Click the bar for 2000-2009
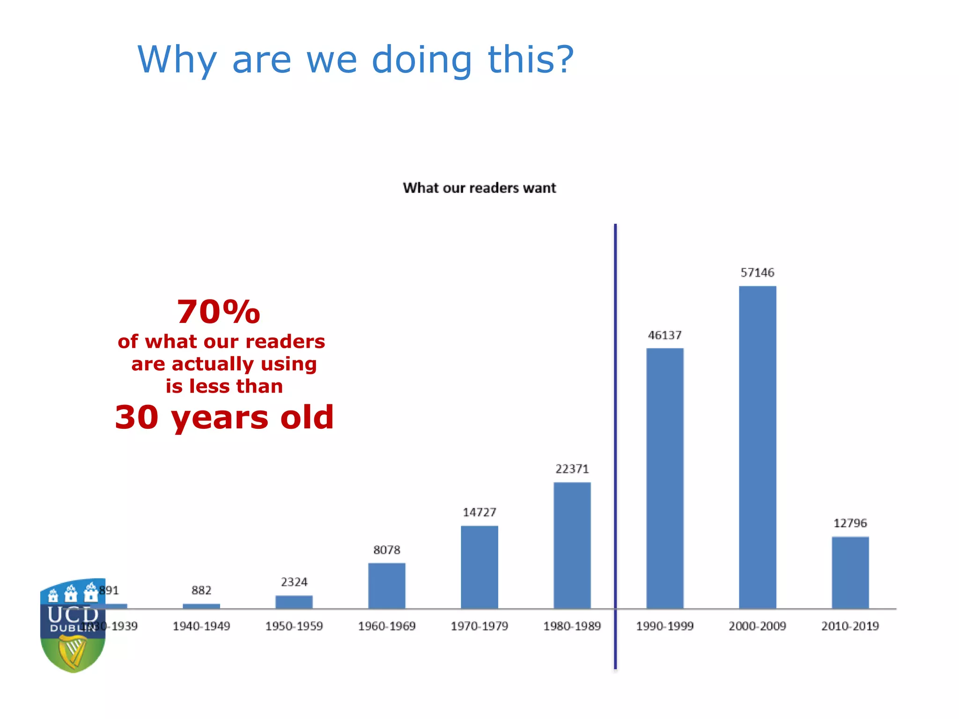click(x=757, y=447)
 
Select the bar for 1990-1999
click(x=664, y=478)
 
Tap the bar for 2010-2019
click(x=850, y=572)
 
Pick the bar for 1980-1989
click(x=572, y=545)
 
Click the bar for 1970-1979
click(x=479, y=567)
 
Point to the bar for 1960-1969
click(x=386, y=586)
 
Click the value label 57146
click(x=757, y=272)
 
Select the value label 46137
click(x=664, y=335)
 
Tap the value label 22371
click(x=572, y=469)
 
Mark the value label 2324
click(x=294, y=582)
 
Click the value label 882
click(x=201, y=590)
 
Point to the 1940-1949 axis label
click(x=201, y=626)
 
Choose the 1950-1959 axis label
click(x=294, y=626)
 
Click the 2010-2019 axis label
click(x=850, y=626)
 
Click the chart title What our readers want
click(x=479, y=188)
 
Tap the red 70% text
click(x=218, y=312)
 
